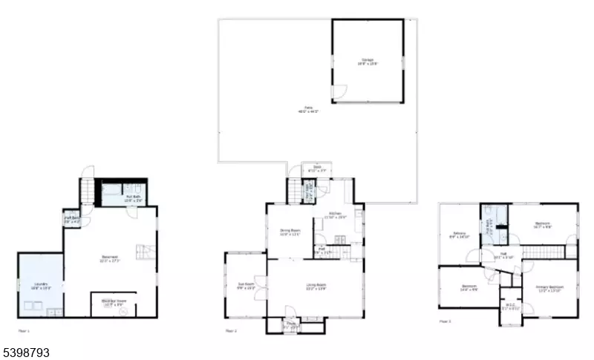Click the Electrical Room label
click(x=113, y=302)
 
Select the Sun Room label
click(x=245, y=286)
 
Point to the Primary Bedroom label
click(x=550, y=287)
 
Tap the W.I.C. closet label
click(x=510, y=308)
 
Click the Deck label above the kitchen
click(x=317, y=168)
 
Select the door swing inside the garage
click(x=339, y=94)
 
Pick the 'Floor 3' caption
click(x=446, y=321)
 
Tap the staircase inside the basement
click(x=143, y=251)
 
